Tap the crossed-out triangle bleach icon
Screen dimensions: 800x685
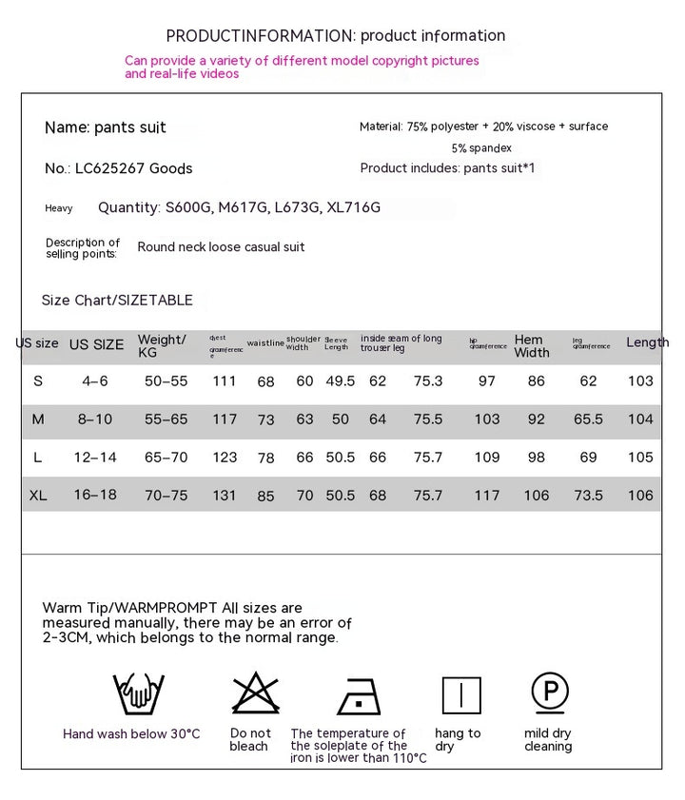(x=255, y=693)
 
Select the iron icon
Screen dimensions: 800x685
(x=359, y=695)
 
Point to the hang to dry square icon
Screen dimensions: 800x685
(x=461, y=694)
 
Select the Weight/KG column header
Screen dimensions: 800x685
(x=162, y=345)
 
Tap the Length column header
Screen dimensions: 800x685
(x=647, y=342)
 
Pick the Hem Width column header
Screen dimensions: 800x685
(x=532, y=345)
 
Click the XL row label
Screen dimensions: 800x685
(x=38, y=496)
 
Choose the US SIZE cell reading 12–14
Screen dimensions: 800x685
(x=95, y=458)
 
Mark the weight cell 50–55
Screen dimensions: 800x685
(x=166, y=381)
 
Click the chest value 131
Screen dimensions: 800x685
(x=225, y=496)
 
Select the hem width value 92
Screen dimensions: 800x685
(x=537, y=419)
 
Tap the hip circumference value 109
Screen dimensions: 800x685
(x=487, y=458)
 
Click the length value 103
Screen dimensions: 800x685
(x=641, y=381)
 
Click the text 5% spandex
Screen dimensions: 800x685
(x=481, y=148)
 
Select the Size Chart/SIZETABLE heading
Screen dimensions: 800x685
(x=117, y=301)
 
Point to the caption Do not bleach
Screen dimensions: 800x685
(x=250, y=739)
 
